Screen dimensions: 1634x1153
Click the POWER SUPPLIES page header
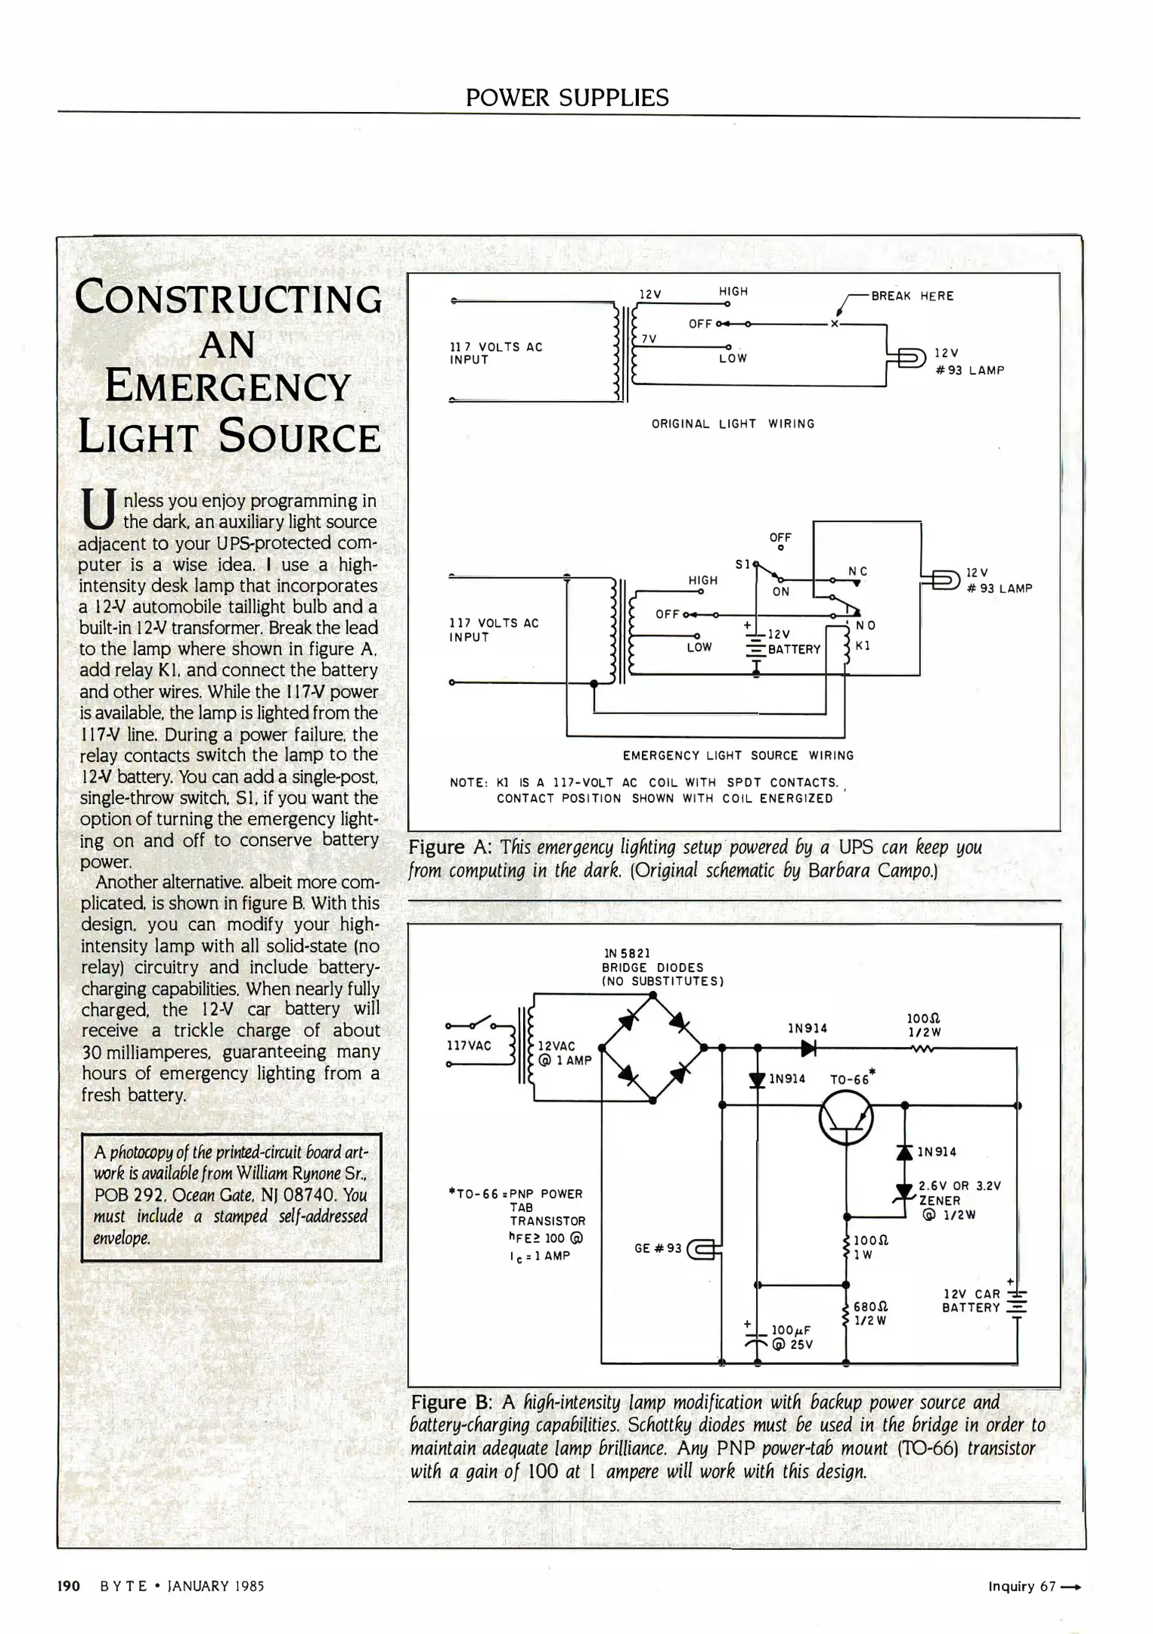[567, 98]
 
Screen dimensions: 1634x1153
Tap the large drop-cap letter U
[98, 508]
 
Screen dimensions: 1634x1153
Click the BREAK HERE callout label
[912, 296]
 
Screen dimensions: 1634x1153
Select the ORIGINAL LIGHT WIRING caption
[733, 424]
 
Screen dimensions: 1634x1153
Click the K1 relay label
[863, 646]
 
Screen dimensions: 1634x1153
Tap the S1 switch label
[742, 564]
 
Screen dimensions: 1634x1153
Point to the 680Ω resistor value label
[870, 1306]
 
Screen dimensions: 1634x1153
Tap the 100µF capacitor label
[791, 1330]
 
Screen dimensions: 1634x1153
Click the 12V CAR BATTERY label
[972, 1300]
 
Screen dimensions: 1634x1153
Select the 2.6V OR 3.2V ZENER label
[959, 1193]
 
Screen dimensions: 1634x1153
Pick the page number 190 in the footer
[69, 1586]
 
